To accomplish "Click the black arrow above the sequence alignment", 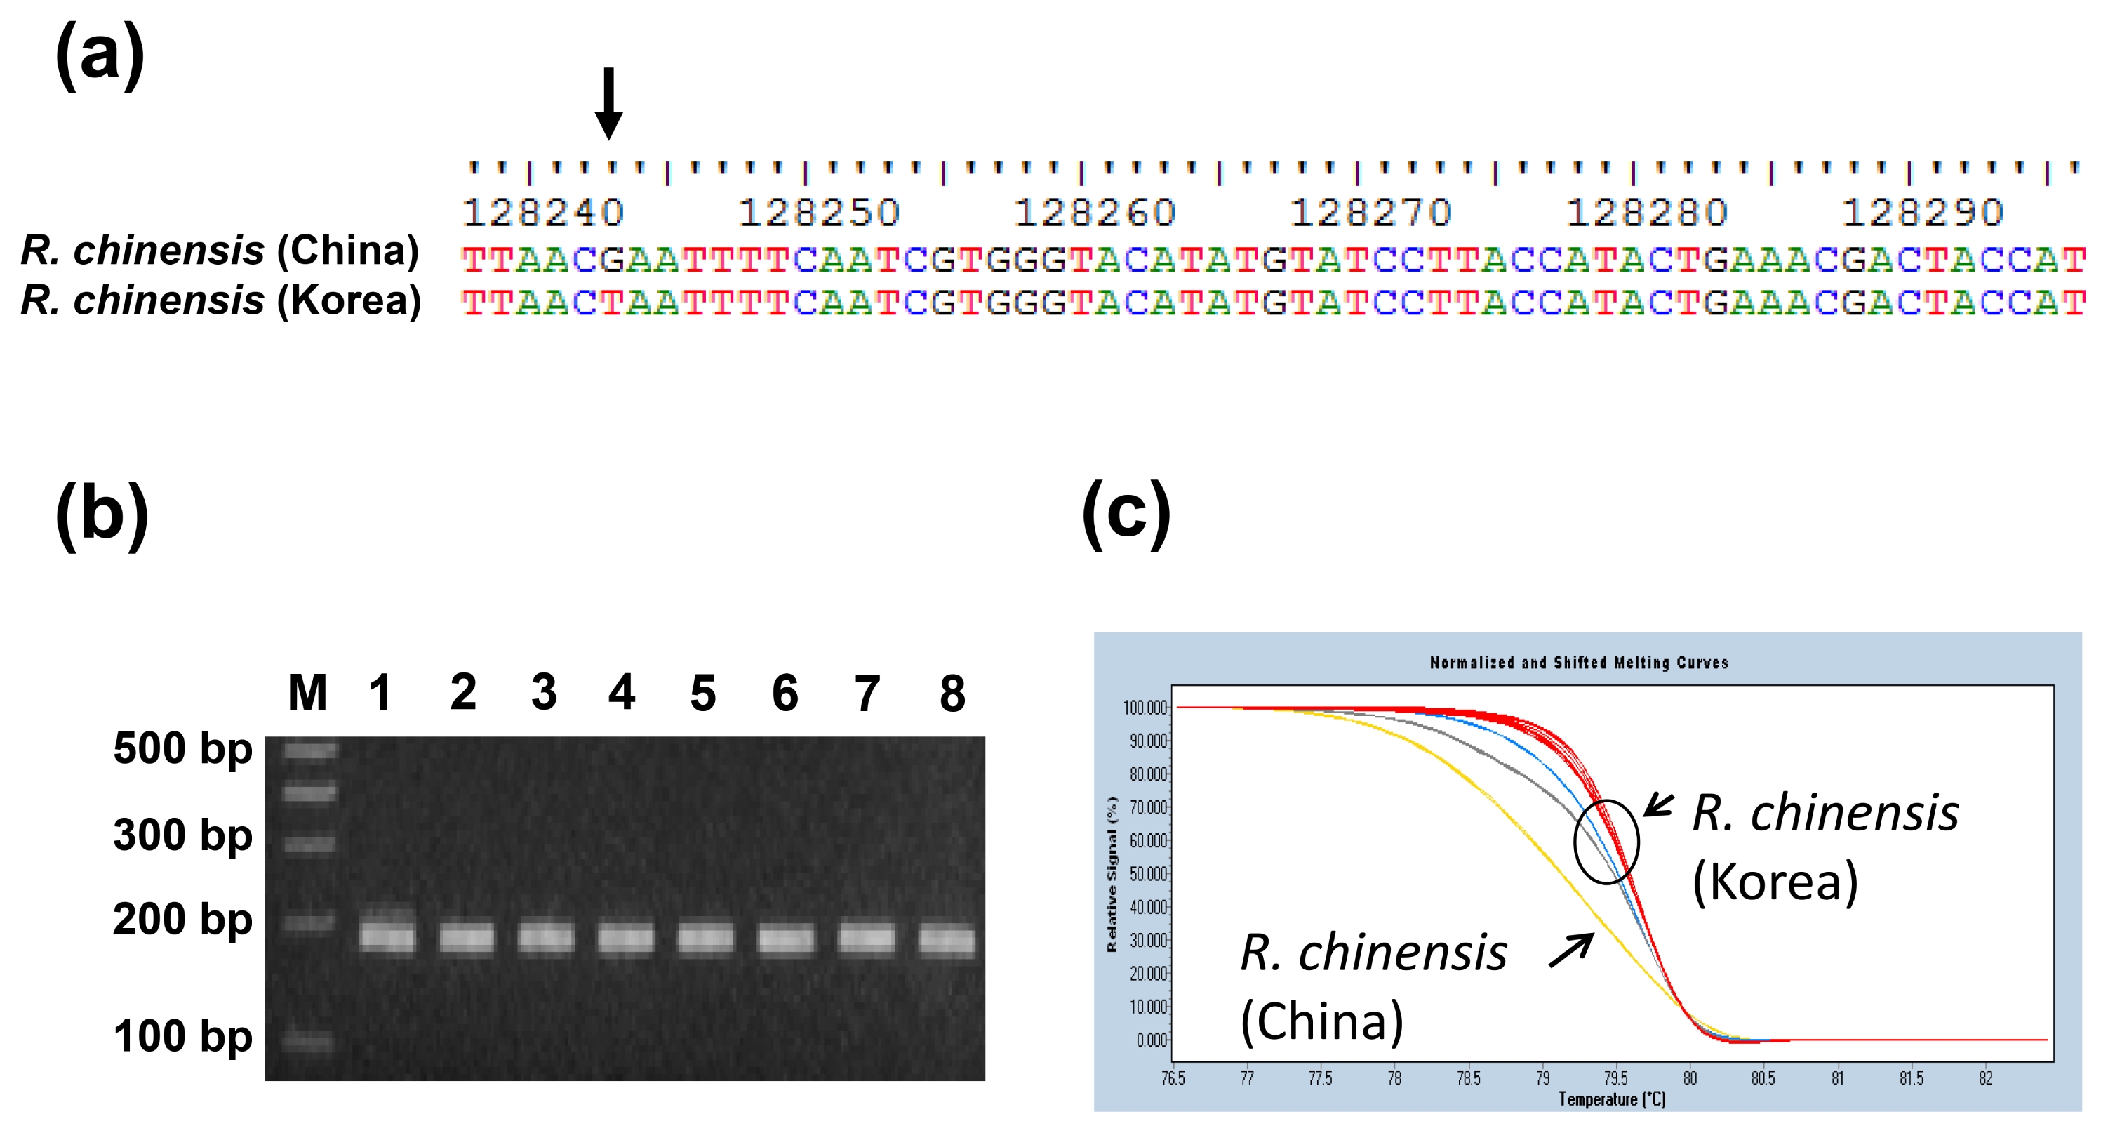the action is coord(608,103).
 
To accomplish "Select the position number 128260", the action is coord(1095,213).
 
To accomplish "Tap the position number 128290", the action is coord(1923,213).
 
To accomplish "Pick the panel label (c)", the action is coord(1127,514).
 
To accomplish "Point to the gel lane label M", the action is coord(307,693).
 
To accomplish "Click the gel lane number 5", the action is coord(703,694).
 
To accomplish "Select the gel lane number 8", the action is coord(952,694).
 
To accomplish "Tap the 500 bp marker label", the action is coord(182,749).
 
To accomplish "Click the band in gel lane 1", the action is coord(387,935).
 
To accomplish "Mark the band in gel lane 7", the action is coord(867,938).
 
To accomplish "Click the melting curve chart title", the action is coord(1579,662).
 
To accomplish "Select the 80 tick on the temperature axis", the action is coord(1690,1078).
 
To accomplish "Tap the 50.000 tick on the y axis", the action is coord(1148,873).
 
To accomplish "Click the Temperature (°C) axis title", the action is coord(1611,1099).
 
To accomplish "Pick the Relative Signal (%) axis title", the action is coord(1112,873).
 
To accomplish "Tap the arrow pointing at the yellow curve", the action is coord(1571,950).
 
